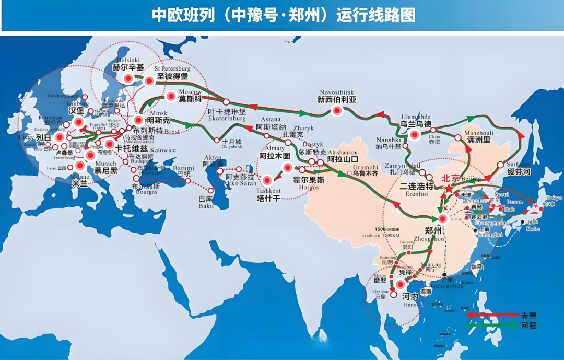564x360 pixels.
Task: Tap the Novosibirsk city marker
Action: (337, 111)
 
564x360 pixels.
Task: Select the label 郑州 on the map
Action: (433, 230)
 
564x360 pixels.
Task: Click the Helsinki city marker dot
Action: (128, 78)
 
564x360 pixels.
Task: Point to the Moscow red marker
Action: (170, 97)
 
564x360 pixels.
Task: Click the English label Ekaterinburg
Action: (226, 119)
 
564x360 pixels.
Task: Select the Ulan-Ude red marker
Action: (415, 135)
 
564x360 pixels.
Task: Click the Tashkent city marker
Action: (267, 181)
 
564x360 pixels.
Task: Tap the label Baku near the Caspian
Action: (206, 206)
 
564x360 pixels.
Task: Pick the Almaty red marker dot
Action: (287, 167)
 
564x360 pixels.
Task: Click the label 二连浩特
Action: (416, 186)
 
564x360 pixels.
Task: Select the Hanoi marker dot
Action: (400, 285)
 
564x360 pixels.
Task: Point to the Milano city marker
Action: (80, 166)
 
